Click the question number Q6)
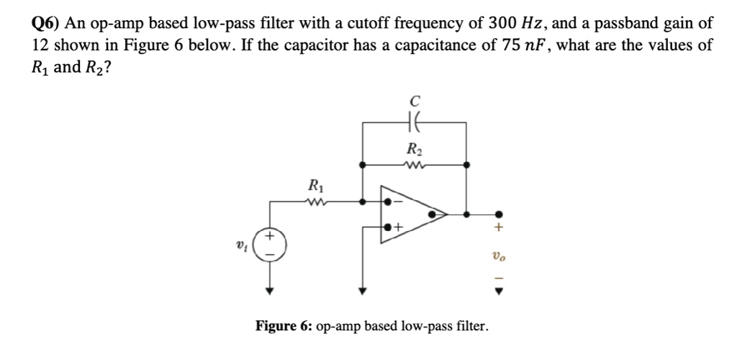click(48, 23)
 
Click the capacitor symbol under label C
click(414, 123)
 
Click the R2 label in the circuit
click(414, 150)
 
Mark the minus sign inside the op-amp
click(398, 202)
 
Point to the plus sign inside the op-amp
click(398, 228)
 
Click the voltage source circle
click(271, 243)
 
